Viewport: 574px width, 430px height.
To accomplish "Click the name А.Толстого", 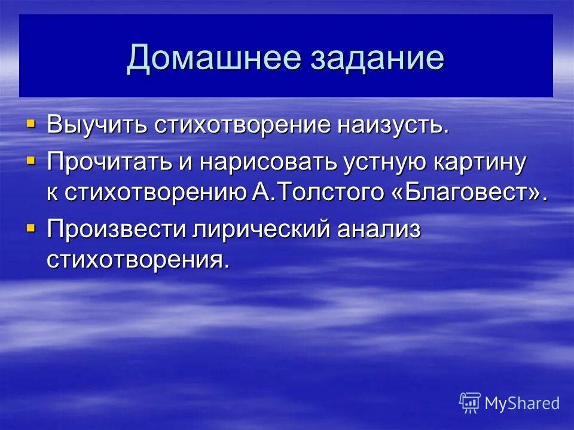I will (x=308, y=193).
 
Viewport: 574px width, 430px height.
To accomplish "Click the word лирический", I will (x=264, y=231).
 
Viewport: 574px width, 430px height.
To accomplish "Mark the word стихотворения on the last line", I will (x=138, y=260).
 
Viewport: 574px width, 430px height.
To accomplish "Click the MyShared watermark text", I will (x=522, y=403).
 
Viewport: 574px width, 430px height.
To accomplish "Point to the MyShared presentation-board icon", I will (x=470, y=403).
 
